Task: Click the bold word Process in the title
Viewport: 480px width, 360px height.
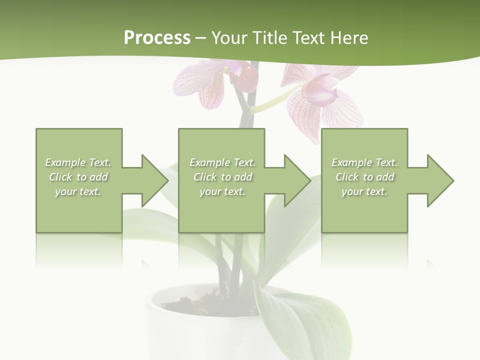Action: [157, 38]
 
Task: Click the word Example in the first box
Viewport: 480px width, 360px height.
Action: [65, 162]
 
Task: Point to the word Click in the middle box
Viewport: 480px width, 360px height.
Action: [205, 177]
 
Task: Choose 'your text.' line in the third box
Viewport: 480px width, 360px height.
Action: [364, 191]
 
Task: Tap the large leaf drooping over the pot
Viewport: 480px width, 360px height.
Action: [300, 320]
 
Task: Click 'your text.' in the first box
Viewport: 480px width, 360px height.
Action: [78, 191]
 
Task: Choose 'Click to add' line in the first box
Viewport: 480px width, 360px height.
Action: [78, 177]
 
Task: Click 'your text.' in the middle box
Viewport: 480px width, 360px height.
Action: [222, 191]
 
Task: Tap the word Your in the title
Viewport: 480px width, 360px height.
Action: [230, 38]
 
